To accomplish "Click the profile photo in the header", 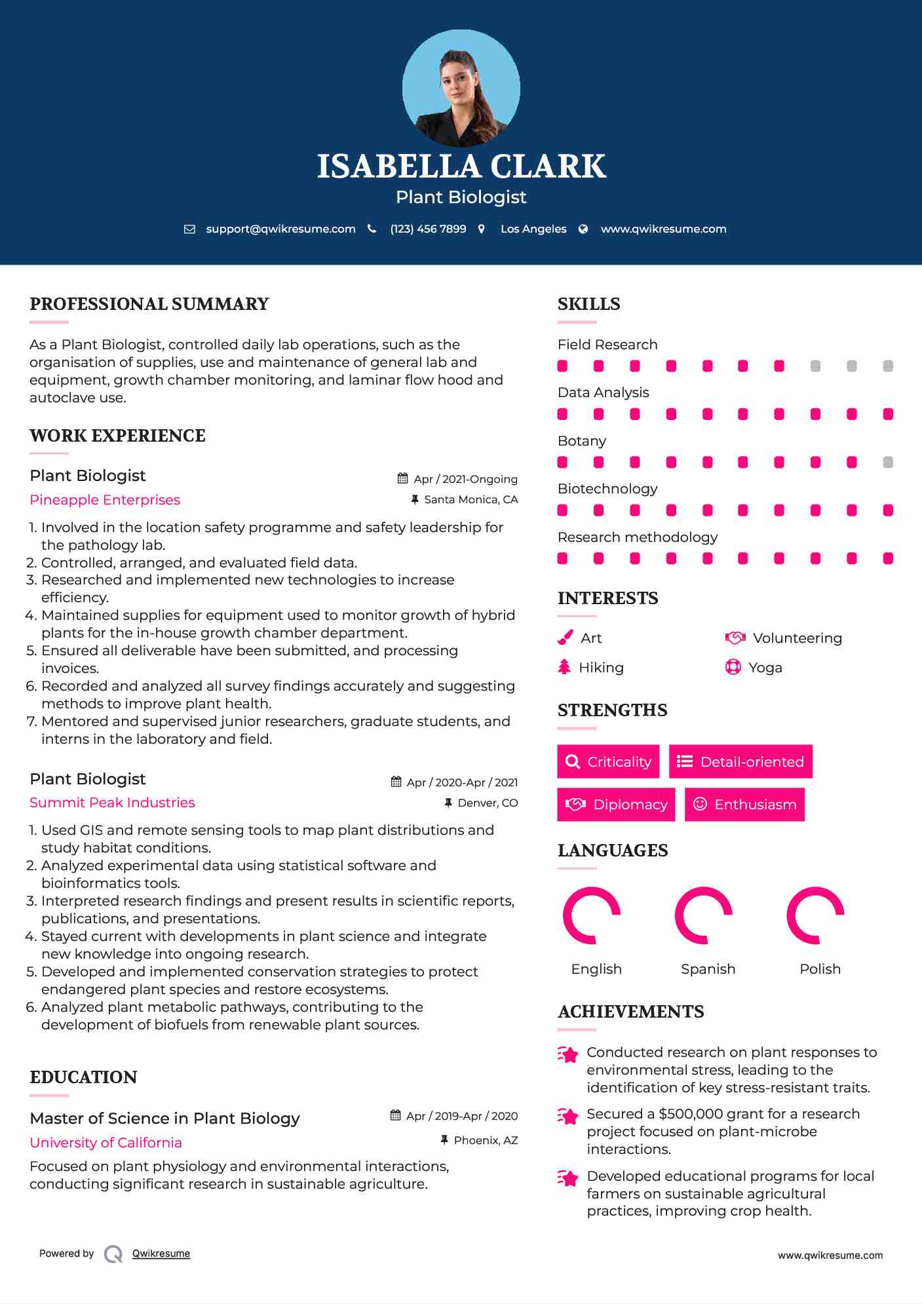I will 461,88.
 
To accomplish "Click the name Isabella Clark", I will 461,166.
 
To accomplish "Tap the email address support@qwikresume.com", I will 280,229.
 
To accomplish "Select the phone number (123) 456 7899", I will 428,229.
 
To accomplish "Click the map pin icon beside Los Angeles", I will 482,229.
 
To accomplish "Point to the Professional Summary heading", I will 149,304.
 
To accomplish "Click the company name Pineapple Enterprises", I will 105,500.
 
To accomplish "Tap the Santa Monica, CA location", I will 471,500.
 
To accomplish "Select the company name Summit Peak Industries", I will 112,803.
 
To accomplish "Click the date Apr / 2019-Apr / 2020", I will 461,1116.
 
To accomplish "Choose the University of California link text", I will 106,1143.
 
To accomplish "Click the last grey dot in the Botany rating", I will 888,463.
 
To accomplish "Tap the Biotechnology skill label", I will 607,489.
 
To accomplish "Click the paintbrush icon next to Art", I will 565,638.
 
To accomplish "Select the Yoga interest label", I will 765,668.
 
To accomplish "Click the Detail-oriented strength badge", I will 740,761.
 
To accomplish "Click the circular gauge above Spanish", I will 703,915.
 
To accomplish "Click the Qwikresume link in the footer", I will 161,1254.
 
